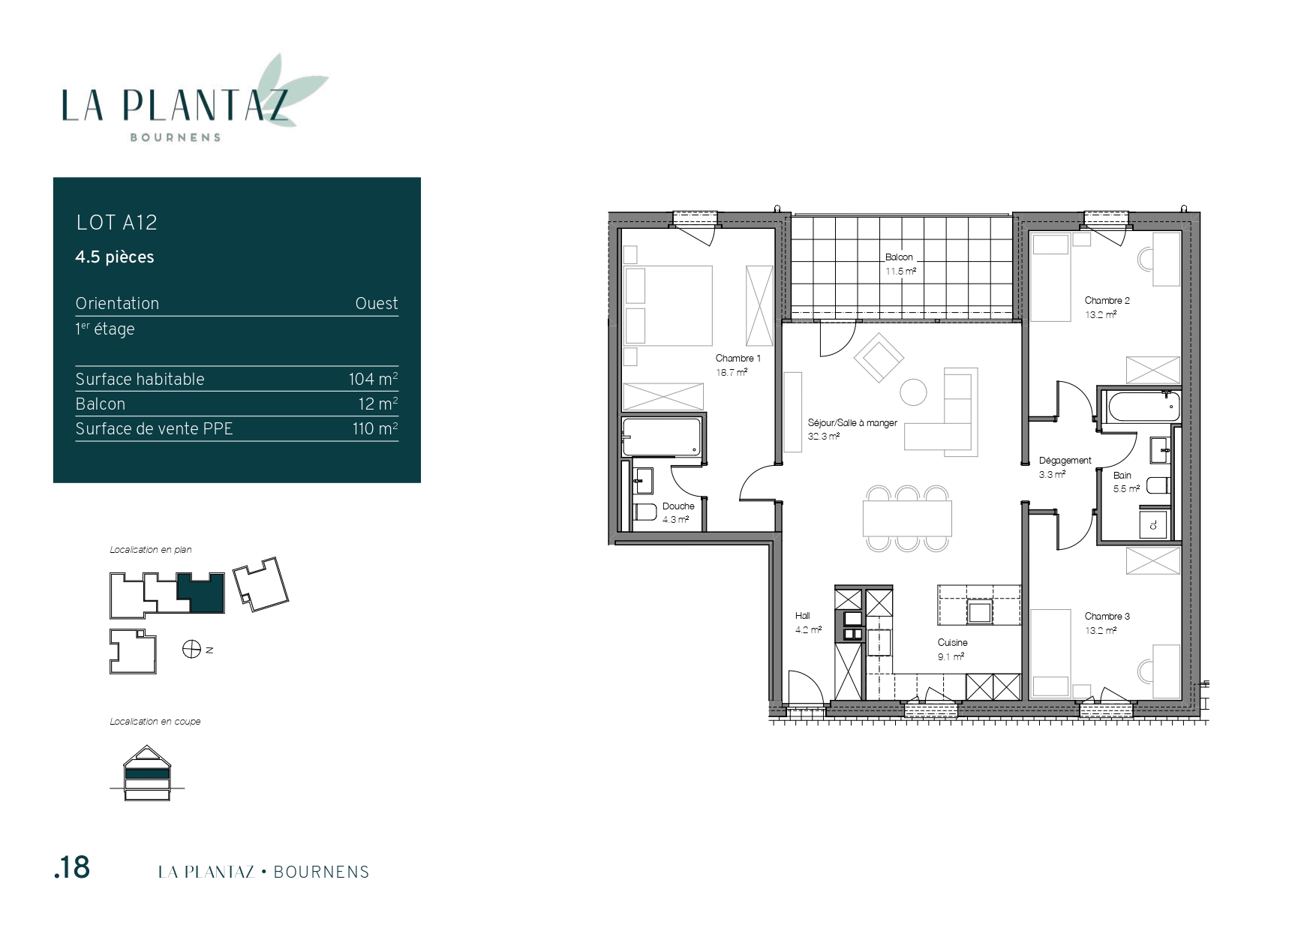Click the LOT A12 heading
(x=117, y=222)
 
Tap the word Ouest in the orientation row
(x=377, y=303)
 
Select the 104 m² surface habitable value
(x=373, y=379)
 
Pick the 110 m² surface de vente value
(x=375, y=428)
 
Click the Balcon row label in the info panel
(x=101, y=404)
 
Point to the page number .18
(x=72, y=867)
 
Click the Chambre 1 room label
(x=738, y=358)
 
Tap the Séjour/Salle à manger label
(x=852, y=423)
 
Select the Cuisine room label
(x=952, y=642)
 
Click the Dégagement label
(x=1065, y=461)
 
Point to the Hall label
(x=802, y=616)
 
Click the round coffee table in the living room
(x=913, y=392)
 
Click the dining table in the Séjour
(x=907, y=518)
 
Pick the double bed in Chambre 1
(x=668, y=305)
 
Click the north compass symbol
(x=191, y=649)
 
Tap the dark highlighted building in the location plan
(x=201, y=593)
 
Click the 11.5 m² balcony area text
(x=900, y=271)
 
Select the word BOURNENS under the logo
(x=176, y=137)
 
